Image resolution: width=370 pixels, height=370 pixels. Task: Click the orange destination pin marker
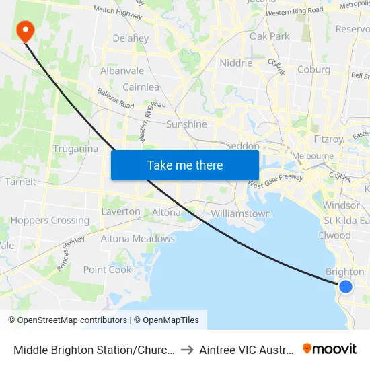tap(25, 29)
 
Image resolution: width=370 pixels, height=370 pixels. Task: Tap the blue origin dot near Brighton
tap(346, 287)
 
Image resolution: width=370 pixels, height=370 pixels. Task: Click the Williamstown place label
tap(241, 213)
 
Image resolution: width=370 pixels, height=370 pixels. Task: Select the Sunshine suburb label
tap(186, 124)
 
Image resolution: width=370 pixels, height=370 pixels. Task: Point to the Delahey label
tap(131, 38)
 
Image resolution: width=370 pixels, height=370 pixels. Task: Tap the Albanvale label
tap(122, 71)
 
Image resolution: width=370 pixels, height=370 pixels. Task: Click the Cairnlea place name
tap(141, 87)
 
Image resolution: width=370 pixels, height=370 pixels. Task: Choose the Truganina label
tap(75, 149)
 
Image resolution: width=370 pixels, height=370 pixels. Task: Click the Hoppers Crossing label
tap(50, 220)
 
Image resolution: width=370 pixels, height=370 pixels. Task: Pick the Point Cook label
tap(108, 270)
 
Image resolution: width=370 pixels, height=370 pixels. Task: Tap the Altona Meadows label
tap(137, 239)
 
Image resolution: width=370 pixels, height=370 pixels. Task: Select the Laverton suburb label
tap(121, 211)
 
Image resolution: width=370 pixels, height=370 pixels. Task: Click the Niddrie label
tap(236, 63)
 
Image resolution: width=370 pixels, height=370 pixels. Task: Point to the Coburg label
tap(313, 69)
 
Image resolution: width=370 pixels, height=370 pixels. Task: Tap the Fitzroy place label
tap(328, 139)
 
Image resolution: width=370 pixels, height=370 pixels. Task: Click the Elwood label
tap(334, 235)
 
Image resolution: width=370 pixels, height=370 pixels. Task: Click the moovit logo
tap(330, 348)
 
